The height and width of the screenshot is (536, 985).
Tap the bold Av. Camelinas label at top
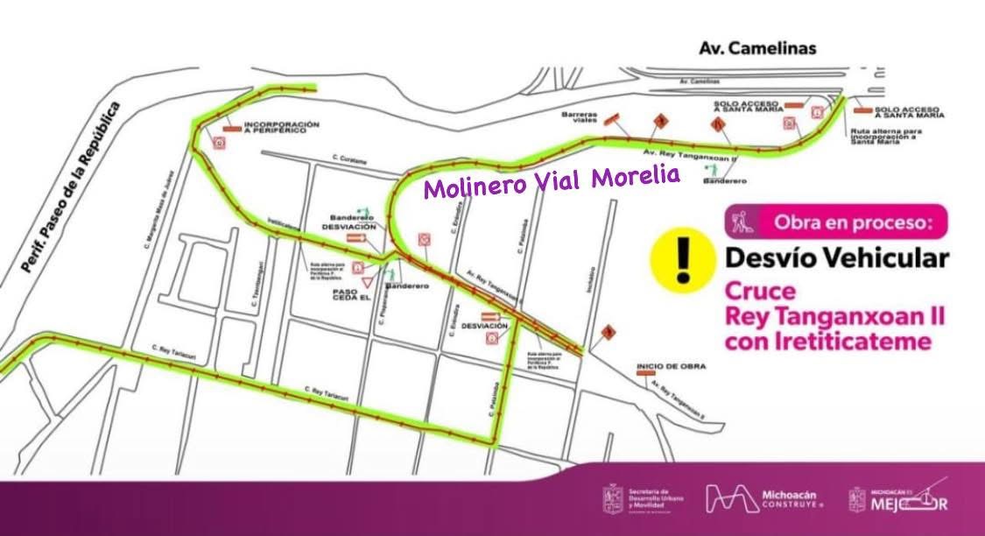[757, 48]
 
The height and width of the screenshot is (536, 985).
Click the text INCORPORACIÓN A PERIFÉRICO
[282, 128]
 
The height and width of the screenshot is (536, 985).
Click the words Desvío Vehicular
[836, 258]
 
